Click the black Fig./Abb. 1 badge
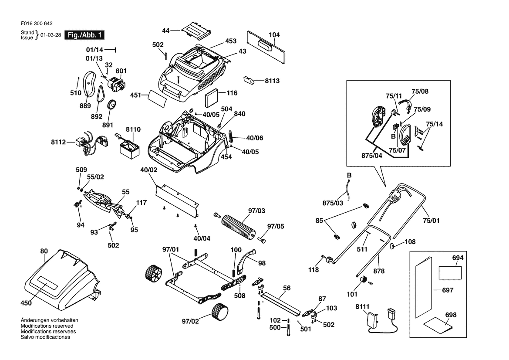coord(84,35)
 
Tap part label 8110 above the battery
coord(133,129)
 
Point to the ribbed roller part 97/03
coord(238,225)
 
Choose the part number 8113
coord(272,81)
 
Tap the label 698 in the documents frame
coord(451,314)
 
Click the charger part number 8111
coord(362,306)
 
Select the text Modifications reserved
coord(47,326)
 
